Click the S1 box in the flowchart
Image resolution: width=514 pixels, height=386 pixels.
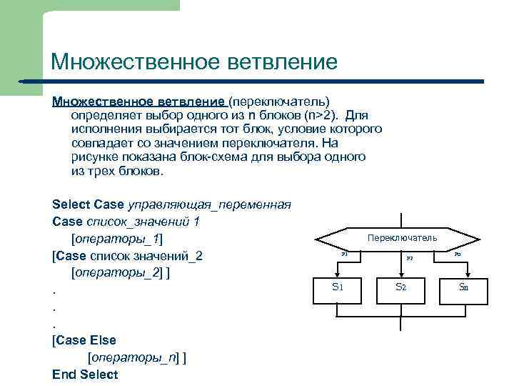pyautogui.click(x=338, y=287)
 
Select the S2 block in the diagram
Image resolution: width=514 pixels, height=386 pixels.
pyautogui.click(x=400, y=287)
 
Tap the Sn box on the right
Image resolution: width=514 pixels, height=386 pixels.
pyautogui.click(x=463, y=287)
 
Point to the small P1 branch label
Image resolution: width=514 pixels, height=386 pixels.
pyautogui.click(x=344, y=254)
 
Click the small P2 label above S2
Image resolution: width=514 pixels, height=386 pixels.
pyautogui.click(x=410, y=258)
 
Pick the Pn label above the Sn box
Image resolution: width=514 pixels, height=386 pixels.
pyautogui.click(x=458, y=254)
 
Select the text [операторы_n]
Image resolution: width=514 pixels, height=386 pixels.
pyautogui.click(x=133, y=357)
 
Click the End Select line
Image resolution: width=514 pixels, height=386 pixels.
pyautogui.click(x=85, y=374)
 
